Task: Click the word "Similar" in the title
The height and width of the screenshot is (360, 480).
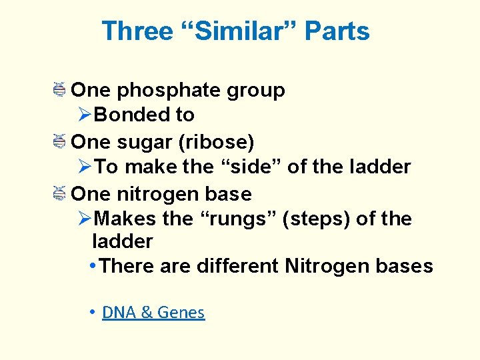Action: point(244,31)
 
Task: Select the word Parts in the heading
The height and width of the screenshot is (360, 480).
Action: point(337,31)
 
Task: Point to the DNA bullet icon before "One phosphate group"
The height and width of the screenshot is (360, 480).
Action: point(59,89)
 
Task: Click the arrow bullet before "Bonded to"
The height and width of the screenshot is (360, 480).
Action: point(85,115)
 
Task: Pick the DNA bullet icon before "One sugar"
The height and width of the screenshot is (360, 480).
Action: point(59,141)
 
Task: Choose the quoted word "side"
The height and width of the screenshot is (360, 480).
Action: point(251,167)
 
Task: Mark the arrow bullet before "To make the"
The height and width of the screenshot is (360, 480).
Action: point(85,167)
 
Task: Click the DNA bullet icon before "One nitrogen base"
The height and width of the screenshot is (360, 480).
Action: point(59,193)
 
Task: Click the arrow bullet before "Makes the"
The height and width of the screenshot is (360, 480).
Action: point(85,219)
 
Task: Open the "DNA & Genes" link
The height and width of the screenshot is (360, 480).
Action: point(153,313)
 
